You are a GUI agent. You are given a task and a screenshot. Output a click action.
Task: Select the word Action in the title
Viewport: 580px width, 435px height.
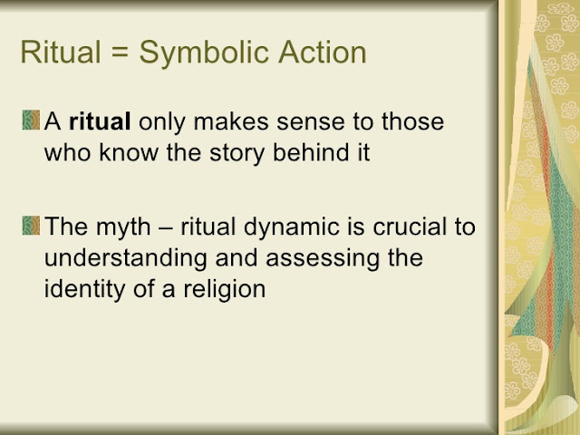point(323,52)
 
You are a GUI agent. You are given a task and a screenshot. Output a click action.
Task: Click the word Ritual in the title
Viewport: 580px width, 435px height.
point(61,52)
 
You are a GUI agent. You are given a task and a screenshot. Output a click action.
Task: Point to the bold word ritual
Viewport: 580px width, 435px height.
point(100,121)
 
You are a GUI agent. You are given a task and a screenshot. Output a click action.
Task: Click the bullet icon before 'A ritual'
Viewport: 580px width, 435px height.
point(31,120)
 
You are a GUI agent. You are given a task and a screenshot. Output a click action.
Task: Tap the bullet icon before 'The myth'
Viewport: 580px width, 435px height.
point(31,226)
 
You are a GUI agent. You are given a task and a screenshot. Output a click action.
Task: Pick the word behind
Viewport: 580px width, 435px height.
point(311,151)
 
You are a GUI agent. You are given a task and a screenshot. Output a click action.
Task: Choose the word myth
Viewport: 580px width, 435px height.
point(123,227)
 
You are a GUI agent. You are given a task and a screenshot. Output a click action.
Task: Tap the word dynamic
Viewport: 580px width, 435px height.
point(292,227)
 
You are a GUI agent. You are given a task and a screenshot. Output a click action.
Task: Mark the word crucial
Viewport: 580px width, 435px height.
point(410,226)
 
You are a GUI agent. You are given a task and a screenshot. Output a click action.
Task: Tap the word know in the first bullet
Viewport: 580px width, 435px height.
point(129,151)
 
